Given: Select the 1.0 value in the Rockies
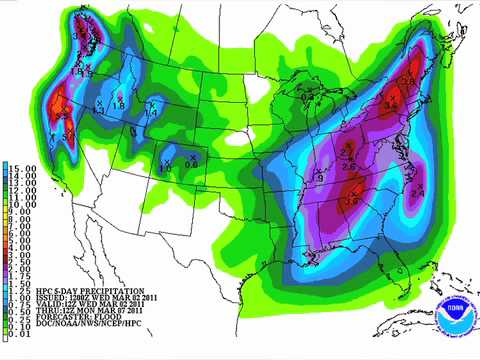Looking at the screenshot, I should pyautogui.click(x=165, y=169).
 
